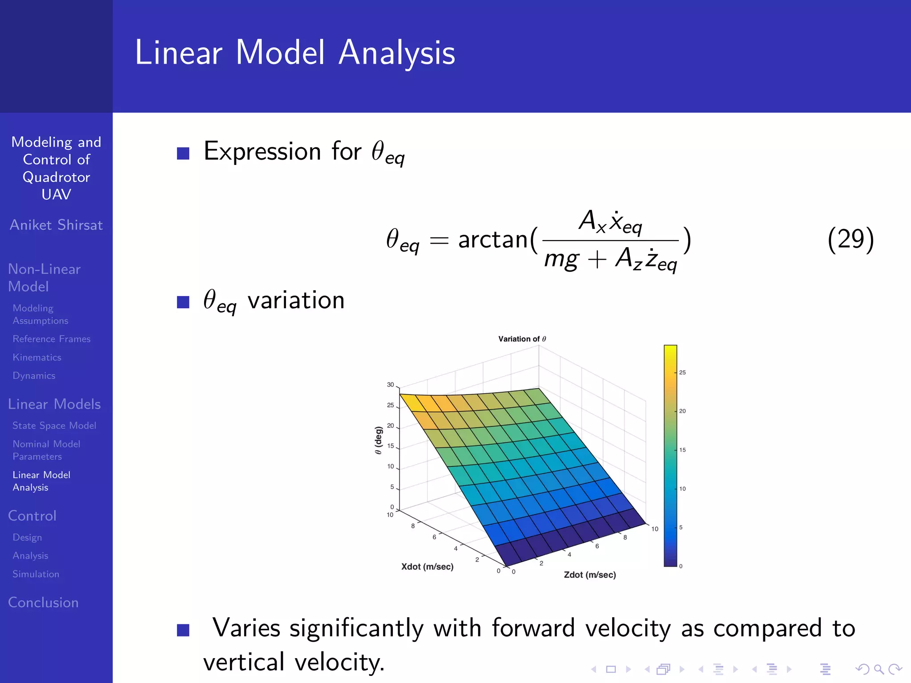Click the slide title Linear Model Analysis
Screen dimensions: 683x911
tap(295, 53)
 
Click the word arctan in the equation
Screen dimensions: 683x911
tap(493, 240)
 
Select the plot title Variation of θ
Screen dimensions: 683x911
tap(522, 339)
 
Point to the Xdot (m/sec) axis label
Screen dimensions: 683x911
tap(427, 566)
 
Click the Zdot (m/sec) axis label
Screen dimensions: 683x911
tap(590, 575)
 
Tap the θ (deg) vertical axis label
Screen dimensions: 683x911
tap(378, 440)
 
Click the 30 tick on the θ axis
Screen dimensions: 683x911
tap(390, 385)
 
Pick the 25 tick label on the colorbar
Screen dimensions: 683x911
tap(682, 373)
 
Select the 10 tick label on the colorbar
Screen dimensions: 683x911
tap(682, 489)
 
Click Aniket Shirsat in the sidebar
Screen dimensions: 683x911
tap(56, 225)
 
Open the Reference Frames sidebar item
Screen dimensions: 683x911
tap(52, 339)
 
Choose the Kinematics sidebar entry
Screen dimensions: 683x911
tap(37, 358)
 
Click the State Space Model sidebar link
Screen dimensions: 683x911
tap(54, 426)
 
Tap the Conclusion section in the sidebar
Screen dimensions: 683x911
tap(43, 603)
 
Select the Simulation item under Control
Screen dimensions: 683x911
tap(36, 574)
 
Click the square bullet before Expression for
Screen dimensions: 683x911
tap(183, 153)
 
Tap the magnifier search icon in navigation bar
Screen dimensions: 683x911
tap(879, 669)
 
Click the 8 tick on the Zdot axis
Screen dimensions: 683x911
tap(625, 537)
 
